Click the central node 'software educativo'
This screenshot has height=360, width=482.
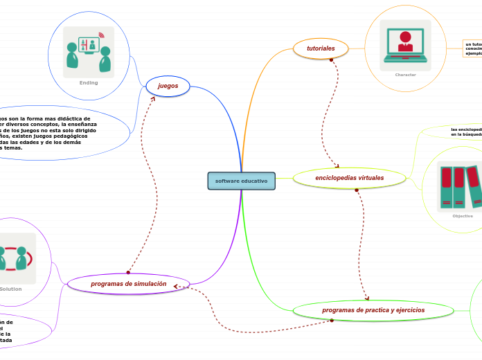point(241,181)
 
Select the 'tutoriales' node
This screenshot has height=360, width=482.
point(321,48)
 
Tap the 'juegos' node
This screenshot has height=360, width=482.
point(168,86)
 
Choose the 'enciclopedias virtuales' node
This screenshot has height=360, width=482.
point(349,178)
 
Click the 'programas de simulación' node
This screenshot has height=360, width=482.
point(128,284)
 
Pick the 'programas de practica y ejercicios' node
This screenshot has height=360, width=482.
point(373,310)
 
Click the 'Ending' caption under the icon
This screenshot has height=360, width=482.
point(89,82)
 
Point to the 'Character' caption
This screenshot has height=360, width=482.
point(405,75)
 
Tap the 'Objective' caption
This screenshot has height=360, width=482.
point(462,216)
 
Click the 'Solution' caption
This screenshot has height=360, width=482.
point(11,289)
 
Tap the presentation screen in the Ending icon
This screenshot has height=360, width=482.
point(89,45)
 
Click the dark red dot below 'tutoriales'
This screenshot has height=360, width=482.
point(331,60)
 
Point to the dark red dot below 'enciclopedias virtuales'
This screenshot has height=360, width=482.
point(356,190)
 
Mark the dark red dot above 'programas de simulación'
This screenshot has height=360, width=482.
point(128,272)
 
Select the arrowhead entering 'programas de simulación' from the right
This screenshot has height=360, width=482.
point(177,286)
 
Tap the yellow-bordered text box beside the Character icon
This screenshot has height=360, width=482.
point(472,48)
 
